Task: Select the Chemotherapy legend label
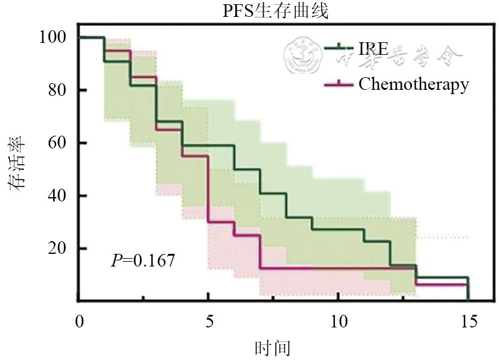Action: click(x=413, y=84)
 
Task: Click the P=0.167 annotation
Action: click(x=143, y=261)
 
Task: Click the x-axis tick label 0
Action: click(x=78, y=320)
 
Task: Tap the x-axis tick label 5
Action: click(x=208, y=320)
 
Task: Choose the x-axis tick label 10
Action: click(x=338, y=320)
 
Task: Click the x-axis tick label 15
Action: click(x=468, y=320)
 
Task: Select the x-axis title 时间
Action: click(x=273, y=348)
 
